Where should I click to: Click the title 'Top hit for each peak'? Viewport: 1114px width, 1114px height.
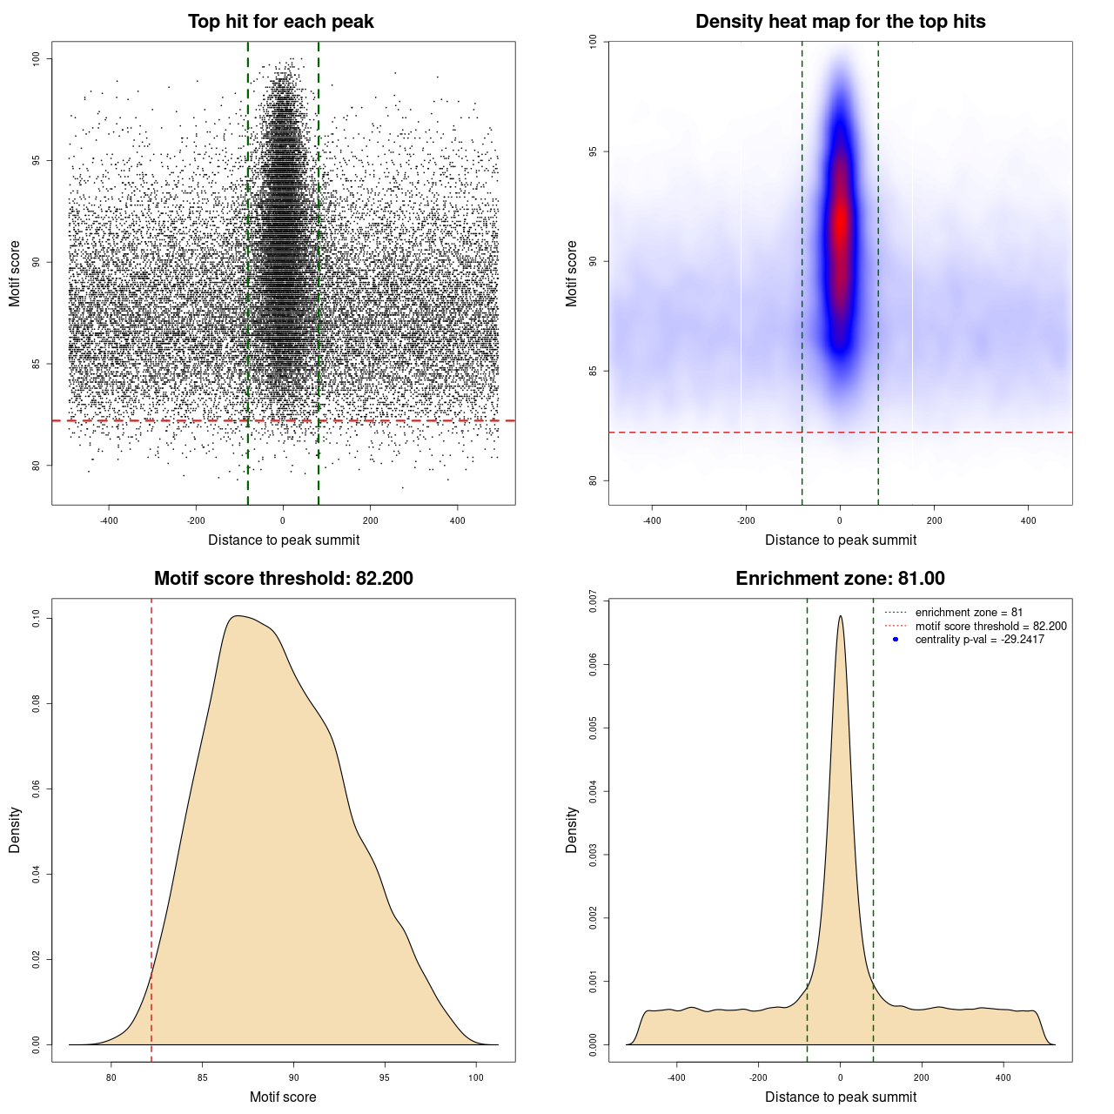[280, 22]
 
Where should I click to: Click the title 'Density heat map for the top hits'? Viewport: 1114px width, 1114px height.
[840, 22]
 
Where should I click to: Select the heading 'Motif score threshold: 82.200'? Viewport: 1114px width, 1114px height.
[283, 579]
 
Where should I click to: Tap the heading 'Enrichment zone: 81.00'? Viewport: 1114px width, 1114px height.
[840, 579]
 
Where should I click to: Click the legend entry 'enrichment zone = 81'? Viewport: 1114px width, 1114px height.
[969, 613]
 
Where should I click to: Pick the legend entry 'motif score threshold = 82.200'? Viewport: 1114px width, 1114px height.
[990, 626]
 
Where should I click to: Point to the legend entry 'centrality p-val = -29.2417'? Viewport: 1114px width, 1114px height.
[979, 640]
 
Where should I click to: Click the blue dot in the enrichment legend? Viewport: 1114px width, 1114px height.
[896, 640]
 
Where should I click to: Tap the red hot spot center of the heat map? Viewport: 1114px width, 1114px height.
[840, 222]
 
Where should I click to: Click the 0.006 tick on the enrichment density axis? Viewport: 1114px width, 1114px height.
[594, 665]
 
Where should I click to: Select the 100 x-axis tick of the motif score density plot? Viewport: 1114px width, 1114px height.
[475, 1077]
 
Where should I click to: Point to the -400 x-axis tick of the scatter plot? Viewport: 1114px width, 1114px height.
[109, 520]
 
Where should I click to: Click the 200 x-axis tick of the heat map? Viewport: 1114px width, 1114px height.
[934, 520]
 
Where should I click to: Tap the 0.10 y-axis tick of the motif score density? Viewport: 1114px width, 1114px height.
[37, 619]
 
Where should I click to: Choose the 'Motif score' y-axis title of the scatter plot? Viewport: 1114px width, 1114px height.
[15, 273]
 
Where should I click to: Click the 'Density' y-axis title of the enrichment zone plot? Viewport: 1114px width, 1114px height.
[572, 829]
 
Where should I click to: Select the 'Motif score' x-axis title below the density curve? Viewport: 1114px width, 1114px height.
[283, 1097]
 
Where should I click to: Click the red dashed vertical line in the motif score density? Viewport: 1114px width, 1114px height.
[151, 827]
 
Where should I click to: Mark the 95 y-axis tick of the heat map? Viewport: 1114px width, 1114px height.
[594, 151]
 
